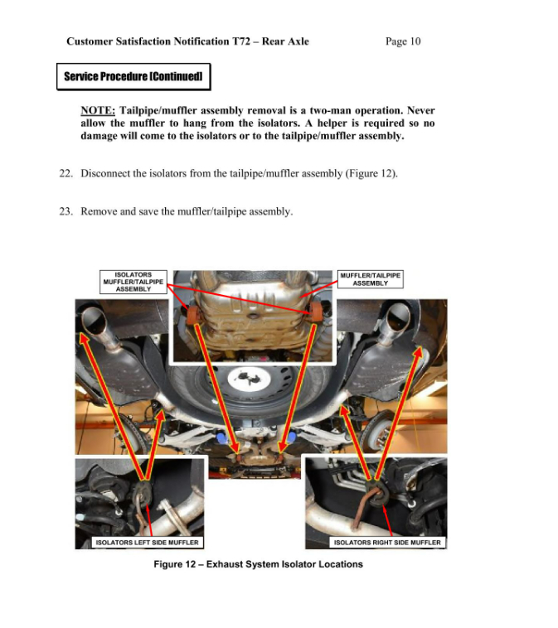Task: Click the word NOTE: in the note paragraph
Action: pyautogui.click(x=97, y=110)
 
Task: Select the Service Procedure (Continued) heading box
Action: pyautogui.click(x=133, y=77)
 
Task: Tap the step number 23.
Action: pyautogui.click(x=66, y=211)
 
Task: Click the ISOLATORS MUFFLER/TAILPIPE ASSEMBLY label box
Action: pyautogui.click(x=133, y=283)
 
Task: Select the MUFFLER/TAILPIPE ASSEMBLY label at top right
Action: pyautogui.click(x=370, y=279)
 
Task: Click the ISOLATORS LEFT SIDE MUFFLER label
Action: pyautogui.click(x=147, y=542)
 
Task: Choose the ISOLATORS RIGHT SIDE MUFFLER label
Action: pyautogui.click(x=387, y=542)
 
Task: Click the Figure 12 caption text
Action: pyautogui.click(x=258, y=564)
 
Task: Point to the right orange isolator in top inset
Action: pyautogui.click(x=315, y=312)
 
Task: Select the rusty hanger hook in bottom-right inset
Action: pyautogui.click(x=373, y=495)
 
